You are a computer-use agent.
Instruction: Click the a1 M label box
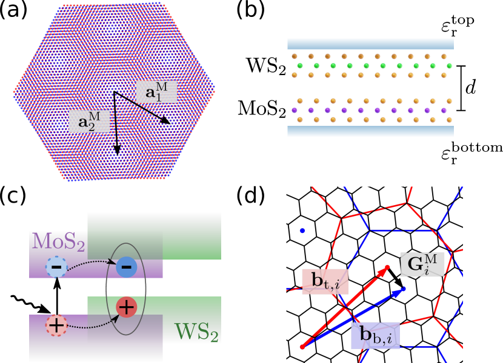156,91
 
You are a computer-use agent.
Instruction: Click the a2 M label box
89,121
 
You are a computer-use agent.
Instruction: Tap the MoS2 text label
58,241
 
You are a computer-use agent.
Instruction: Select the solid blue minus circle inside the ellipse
126,267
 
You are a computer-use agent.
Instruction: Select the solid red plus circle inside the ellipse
126,307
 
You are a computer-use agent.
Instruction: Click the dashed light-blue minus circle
56,267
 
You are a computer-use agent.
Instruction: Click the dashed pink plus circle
56,325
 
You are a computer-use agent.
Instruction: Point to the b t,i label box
325,281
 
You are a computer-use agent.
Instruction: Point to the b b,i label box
375,335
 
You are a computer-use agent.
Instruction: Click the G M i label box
422,264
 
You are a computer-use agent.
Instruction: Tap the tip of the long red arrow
387,267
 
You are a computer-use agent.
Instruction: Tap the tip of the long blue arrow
404,290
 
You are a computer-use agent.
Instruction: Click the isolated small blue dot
302,231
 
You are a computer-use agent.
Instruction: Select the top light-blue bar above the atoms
370,44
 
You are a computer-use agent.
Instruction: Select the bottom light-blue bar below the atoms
370,131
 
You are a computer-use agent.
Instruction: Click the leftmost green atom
300,65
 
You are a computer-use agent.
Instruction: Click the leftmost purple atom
295,111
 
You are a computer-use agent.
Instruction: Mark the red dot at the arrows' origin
302,347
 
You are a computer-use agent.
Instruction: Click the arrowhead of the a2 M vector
117,151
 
